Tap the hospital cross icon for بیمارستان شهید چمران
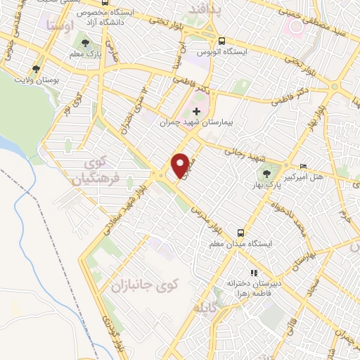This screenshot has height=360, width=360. pyautogui.click(x=196, y=110)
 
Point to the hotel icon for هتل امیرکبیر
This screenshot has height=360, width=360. pyautogui.click(x=303, y=166)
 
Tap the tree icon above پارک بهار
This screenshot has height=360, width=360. pyautogui.click(x=266, y=172)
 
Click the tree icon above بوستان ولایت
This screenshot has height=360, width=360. pyautogui.click(x=36, y=69)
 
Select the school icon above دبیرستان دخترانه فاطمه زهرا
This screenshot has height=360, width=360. pyautogui.click(x=254, y=273)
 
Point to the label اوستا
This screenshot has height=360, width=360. pyautogui.click(x=59, y=25)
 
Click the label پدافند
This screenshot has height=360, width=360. pyautogui.click(x=205, y=8)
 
